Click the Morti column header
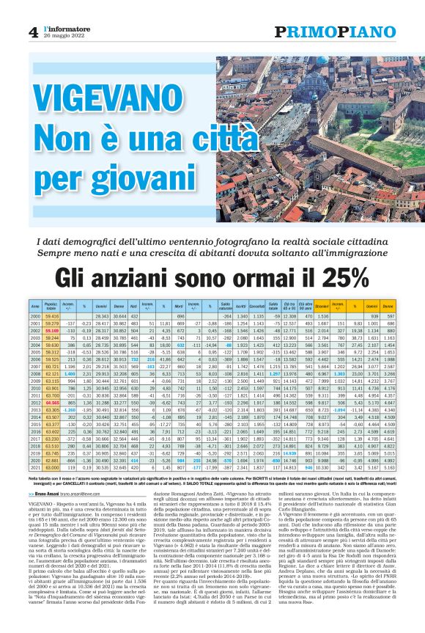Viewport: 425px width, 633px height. [180, 304]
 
